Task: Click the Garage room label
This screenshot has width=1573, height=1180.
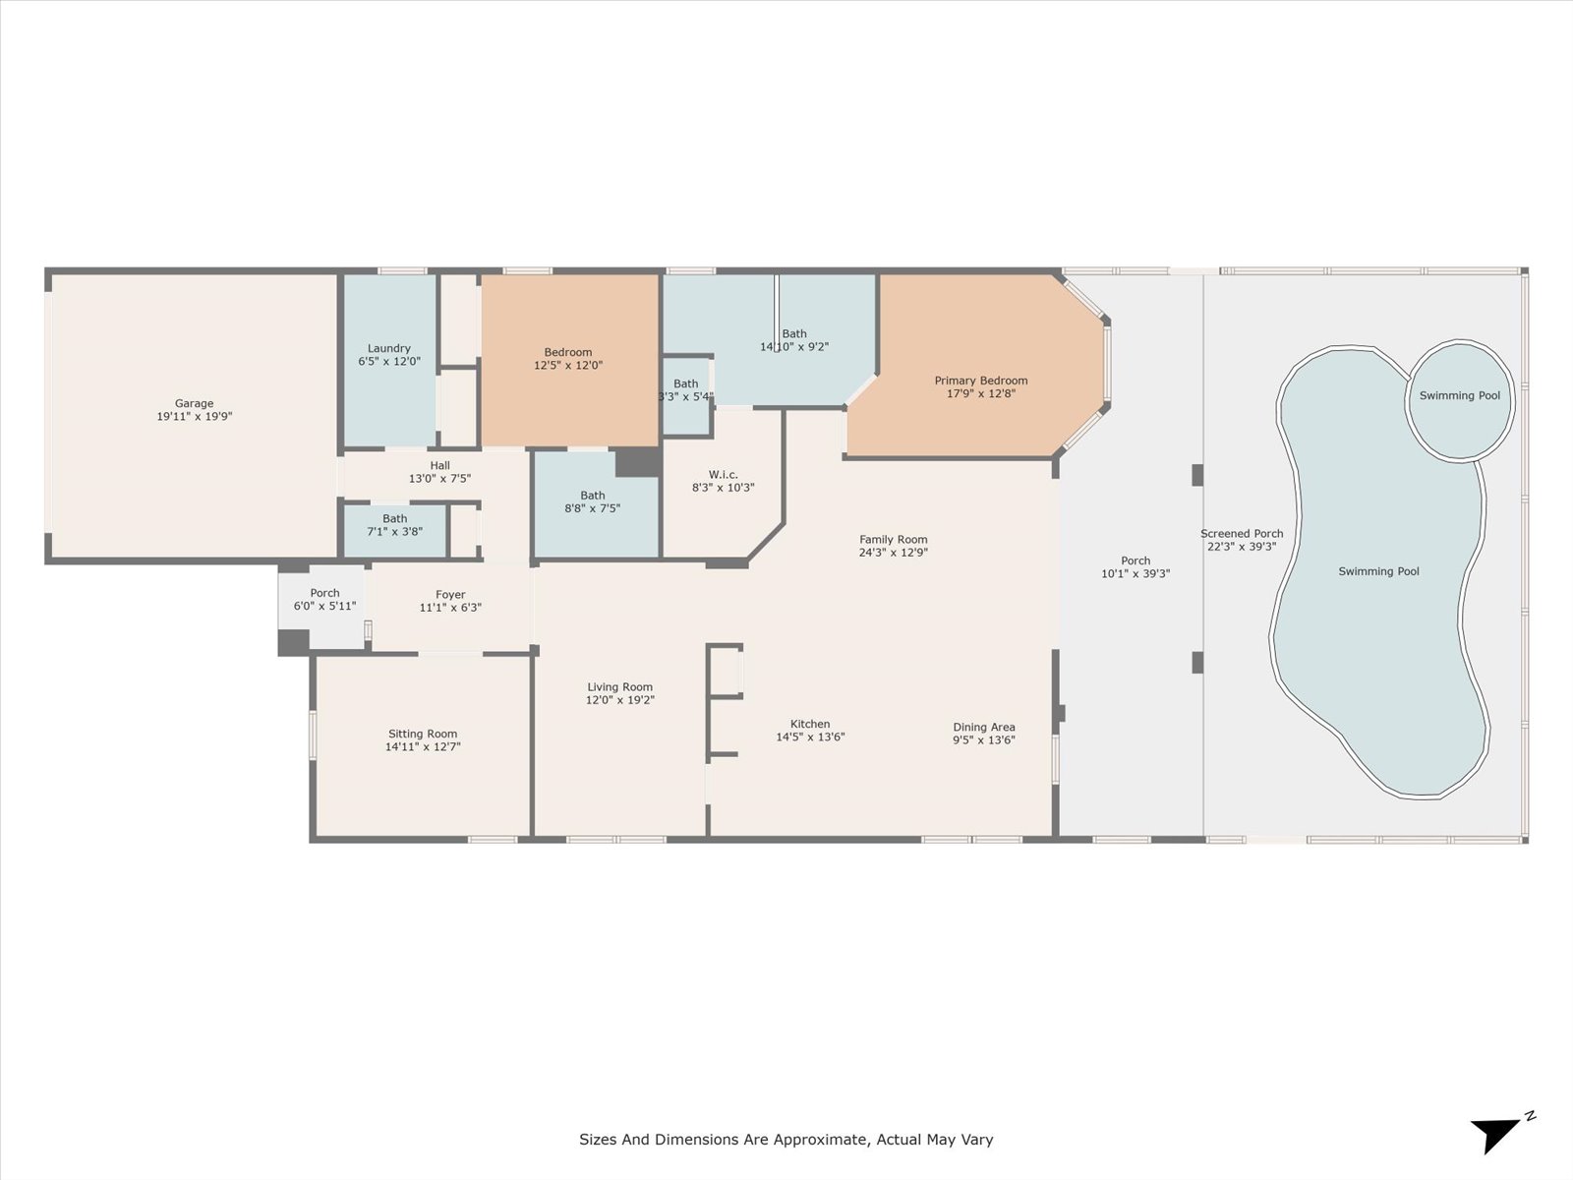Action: (x=195, y=403)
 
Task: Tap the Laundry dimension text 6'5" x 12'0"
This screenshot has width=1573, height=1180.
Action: (x=389, y=362)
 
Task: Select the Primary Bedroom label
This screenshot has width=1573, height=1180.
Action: (x=980, y=381)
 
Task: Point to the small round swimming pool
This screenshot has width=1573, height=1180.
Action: (x=1460, y=400)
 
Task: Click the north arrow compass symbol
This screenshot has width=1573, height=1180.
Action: (x=1500, y=1133)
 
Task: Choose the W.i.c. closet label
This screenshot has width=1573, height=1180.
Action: (x=723, y=474)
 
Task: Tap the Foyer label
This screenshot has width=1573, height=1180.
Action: (x=450, y=595)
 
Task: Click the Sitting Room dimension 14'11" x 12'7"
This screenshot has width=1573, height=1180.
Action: (x=423, y=746)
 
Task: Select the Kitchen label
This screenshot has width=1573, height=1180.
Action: (x=810, y=724)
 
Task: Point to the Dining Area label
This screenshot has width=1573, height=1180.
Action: (x=983, y=728)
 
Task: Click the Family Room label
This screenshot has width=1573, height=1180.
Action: (x=893, y=540)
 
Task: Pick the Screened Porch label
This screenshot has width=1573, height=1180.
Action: (x=1242, y=534)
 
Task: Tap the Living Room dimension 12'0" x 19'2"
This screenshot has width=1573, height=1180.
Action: (x=620, y=700)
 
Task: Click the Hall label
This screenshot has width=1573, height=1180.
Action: (x=440, y=466)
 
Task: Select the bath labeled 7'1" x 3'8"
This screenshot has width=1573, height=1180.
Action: (x=395, y=531)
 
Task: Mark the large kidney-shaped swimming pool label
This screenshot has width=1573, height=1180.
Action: (x=1378, y=571)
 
